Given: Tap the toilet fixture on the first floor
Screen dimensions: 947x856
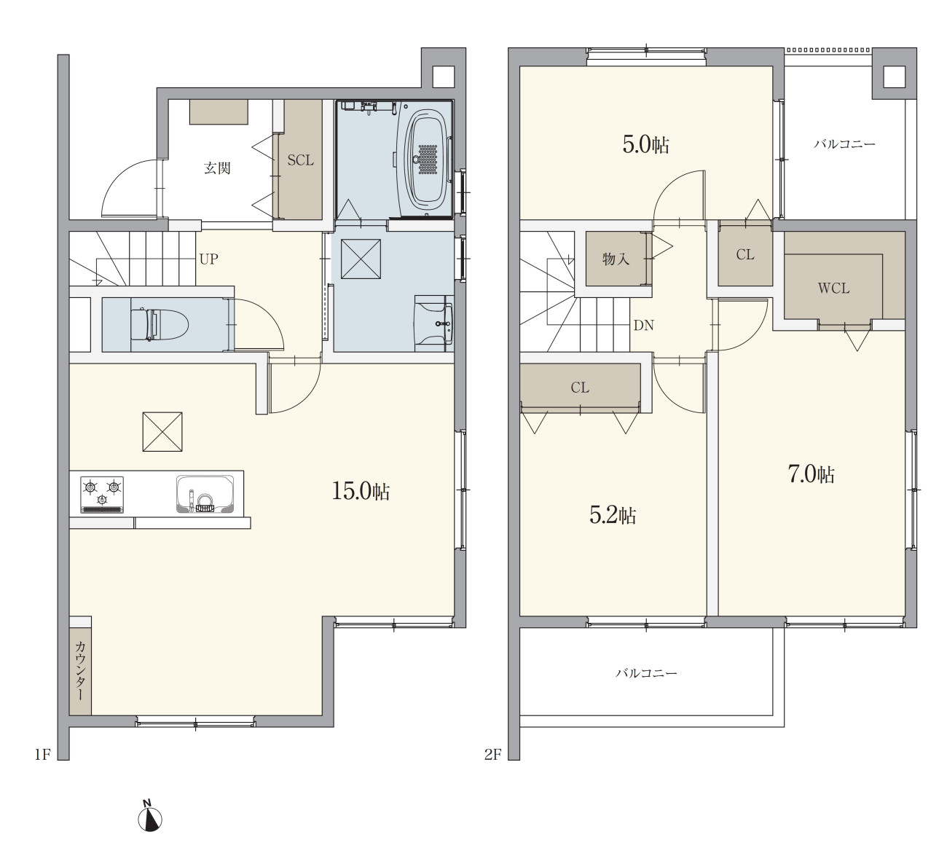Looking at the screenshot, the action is coord(159,324).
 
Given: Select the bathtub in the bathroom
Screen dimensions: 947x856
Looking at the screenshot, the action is coord(427,160).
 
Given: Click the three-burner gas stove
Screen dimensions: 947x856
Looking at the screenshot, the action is coord(103,495).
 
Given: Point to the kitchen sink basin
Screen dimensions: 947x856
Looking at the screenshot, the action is coord(205,494).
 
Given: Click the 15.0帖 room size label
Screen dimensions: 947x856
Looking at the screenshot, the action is coord(361,491).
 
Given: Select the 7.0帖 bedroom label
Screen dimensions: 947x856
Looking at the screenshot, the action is coord(811,474).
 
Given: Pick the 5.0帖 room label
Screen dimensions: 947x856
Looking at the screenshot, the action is coord(646,145).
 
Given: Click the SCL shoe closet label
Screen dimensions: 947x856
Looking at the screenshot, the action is coord(300,160).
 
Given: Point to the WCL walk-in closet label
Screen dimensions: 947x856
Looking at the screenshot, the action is coord(833,288).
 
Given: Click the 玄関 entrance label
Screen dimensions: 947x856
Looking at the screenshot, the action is coord(217,168).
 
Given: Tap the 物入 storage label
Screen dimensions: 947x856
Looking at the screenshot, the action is coord(616,259).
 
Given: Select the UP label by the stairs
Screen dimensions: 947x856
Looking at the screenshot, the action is coord(208,259).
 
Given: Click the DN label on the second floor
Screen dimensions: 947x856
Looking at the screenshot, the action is coord(643,326).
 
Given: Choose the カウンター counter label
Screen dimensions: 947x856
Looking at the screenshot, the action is coord(80,671).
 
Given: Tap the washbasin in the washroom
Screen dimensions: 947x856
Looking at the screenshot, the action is coord(434,323).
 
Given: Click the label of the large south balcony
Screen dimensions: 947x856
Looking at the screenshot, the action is coord(646,673).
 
